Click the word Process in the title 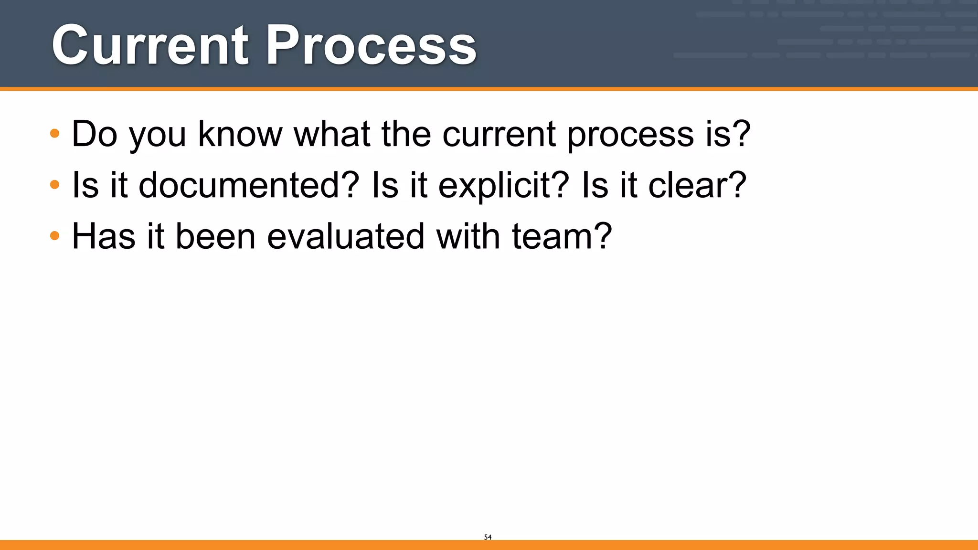371,45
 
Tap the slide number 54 488,537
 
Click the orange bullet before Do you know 55,133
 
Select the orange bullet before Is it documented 55,184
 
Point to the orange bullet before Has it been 55,235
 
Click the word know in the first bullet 240,134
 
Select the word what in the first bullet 332,134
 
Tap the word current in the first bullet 499,134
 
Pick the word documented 248,185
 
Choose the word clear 690,185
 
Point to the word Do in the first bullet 95,134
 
